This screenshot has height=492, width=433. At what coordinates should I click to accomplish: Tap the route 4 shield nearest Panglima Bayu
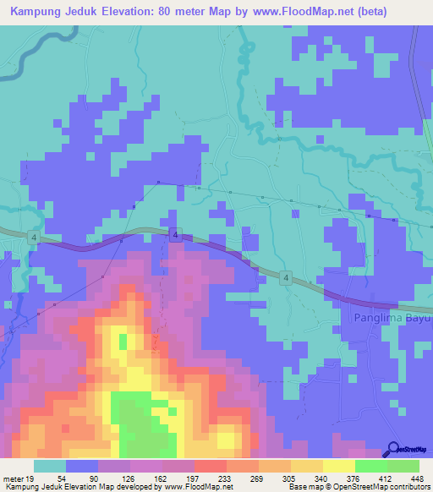pos(287,277)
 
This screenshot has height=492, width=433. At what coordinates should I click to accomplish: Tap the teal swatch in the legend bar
pos(50,466)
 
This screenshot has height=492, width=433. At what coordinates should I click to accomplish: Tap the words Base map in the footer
pos(305,487)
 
